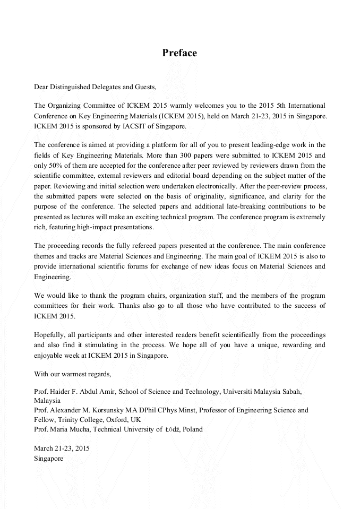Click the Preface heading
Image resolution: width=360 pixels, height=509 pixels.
[x=179, y=53]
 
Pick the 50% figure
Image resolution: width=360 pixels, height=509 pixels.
[x=54, y=164]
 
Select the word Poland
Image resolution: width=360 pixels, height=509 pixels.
[x=193, y=429]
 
